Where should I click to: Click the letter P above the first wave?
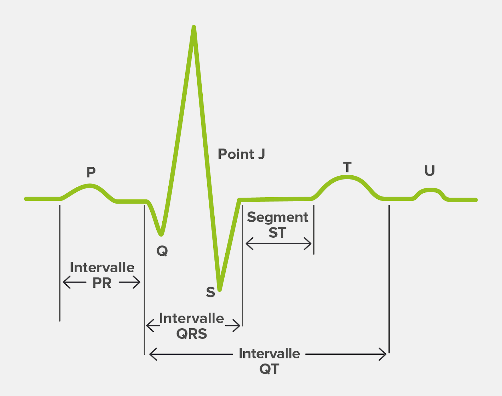click(91, 172)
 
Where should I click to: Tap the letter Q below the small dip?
click(162, 251)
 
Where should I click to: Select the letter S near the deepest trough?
click(210, 292)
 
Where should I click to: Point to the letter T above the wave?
click(347, 167)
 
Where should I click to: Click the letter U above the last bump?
click(430, 170)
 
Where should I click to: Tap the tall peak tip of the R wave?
click(194, 27)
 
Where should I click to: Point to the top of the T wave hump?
click(347, 177)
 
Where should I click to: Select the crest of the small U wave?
click(430, 190)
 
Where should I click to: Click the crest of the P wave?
click(90, 186)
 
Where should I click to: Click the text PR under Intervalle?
click(102, 283)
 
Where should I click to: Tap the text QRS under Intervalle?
click(192, 334)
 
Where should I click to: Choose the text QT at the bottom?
click(269, 369)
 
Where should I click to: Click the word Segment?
click(278, 217)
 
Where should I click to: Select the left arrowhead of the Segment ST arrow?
click(249, 244)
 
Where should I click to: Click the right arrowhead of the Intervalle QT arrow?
click(383, 354)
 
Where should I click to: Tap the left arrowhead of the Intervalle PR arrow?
click(67, 282)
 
